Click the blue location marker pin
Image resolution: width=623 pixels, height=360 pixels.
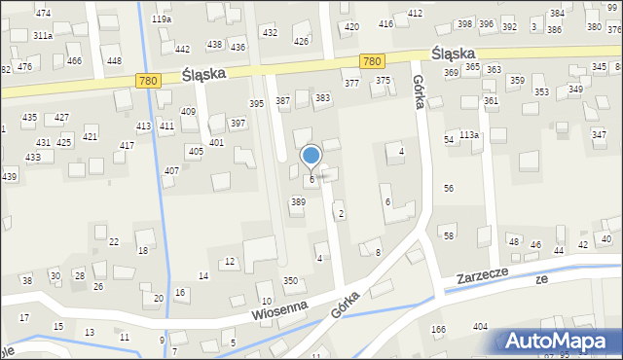311,157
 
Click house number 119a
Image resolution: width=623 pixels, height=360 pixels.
162,18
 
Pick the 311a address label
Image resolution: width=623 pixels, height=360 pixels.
42,35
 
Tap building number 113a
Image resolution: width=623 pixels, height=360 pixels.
469,134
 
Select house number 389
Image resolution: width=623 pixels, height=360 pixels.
298,201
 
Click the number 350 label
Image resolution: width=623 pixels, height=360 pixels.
290,280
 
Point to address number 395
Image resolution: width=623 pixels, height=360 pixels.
257,103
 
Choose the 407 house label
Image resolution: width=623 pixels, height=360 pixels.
171,171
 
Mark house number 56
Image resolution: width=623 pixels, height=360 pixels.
449,188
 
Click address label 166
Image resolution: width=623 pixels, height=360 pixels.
438,330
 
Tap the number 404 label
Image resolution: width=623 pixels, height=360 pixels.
480,327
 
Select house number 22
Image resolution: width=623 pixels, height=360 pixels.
114,241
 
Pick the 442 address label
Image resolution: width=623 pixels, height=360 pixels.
182,49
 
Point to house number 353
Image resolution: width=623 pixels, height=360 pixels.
540,92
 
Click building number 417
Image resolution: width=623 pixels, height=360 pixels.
127,145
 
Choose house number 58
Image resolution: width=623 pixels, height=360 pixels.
449,236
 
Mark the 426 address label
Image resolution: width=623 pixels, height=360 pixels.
302,42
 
